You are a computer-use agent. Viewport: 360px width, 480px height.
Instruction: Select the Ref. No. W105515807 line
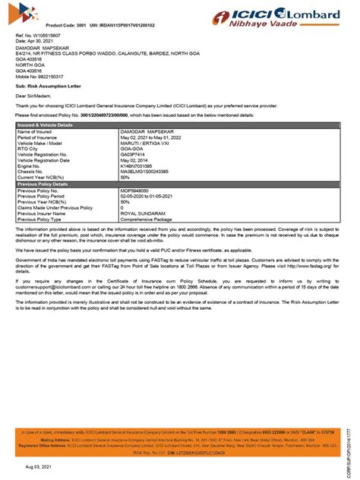(36, 36)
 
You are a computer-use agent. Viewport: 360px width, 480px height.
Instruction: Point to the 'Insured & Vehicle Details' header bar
(46, 124)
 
